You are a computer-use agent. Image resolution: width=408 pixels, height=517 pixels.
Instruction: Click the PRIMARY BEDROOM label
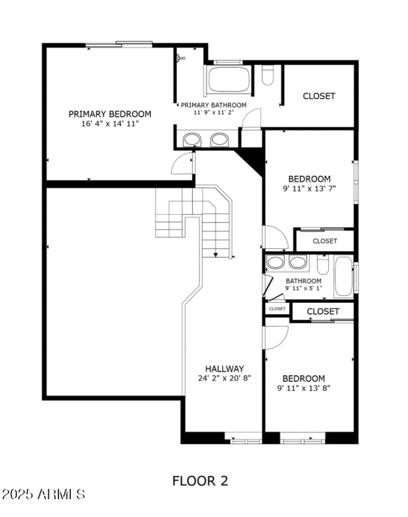tap(110, 114)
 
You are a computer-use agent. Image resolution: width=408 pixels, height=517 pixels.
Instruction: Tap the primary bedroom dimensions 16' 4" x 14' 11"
tap(110, 124)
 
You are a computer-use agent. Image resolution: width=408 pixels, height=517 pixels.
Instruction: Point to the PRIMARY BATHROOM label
tap(213, 105)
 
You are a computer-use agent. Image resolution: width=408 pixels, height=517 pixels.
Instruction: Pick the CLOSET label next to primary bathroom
tap(319, 96)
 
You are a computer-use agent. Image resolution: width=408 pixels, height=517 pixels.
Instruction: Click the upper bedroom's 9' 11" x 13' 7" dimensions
tap(309, 188)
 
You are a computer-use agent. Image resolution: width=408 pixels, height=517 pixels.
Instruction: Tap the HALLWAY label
tap(224, 369)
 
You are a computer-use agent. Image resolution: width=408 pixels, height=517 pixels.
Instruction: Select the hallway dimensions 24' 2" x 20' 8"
tap(224, 378)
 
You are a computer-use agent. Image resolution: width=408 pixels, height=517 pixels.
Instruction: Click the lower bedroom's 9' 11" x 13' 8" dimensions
tap(303, 388)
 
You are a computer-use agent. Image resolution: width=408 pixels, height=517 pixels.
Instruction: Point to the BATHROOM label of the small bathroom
tap(303, 281)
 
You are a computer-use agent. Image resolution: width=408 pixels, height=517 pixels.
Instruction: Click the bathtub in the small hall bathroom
tap(344, 277)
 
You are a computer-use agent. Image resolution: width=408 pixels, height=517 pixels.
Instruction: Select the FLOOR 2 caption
tap(200, 480)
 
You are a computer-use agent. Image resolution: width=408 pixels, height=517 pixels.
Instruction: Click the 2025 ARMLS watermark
tap(43, 494)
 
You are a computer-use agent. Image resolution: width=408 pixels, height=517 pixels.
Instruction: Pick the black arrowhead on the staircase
tap(216, 255)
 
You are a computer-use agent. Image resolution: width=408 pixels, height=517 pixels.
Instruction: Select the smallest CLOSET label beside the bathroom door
tap(277, 309)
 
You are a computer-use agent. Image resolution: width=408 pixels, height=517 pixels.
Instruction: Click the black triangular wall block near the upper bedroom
tap(252, 159)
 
